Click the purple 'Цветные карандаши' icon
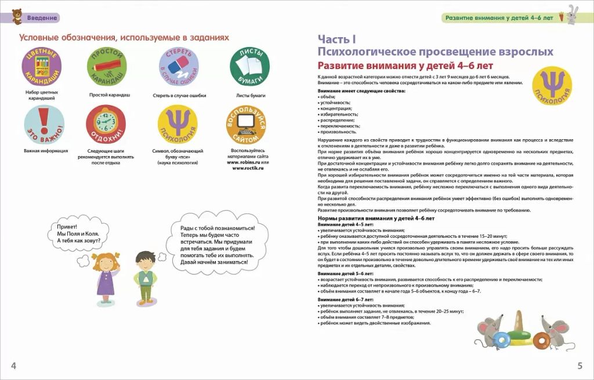coord(42,66)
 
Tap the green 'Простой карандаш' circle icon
coord(107,66)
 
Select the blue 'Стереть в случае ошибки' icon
coord(179,66)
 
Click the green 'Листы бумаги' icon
coord(249,66)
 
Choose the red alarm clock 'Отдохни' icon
coord(106,124)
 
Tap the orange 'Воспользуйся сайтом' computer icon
coord(246,124)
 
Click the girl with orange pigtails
coord(106,273)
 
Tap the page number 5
coord(579,365)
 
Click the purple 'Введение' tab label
coord(42,17)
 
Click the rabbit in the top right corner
coord(575,15)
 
